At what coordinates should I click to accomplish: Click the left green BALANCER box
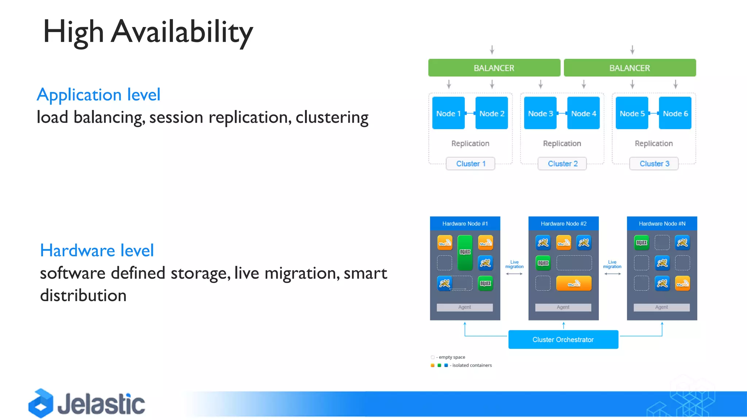pyautogui.click(x=494, y=68)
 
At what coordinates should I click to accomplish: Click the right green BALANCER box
pyautogui.click(x=630, y=68)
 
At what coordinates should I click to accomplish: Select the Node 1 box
pyautogui.click(x=448, y=113)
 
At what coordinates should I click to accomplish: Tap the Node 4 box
pyautogui.click(x=583, y=113)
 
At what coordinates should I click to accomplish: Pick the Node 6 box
pyautogui.click(x=675, y=113)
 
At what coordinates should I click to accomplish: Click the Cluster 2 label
pyautogui.click(x=562, y=164)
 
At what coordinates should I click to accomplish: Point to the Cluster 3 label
pyautogui.click(x=654, y=164)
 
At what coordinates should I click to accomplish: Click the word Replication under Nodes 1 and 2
pyautogui.click(x=470, y=144)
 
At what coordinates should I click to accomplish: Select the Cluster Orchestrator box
pyautogui.click(x=563, y=339)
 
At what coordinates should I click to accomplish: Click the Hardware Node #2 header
pyautogui.click(x=563, y=223)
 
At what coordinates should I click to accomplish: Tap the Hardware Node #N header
pyautogui.click(x=662, y=223)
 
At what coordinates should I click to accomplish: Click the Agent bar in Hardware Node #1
pyautogui.click(x=465, y=307)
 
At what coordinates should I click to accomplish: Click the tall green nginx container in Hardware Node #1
pyautogui.click(x=465, y=253)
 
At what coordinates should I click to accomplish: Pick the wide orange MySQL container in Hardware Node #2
pyautogui.click(x=574, y=283)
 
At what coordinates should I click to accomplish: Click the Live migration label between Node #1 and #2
pyautogui.click(x=514, y=264)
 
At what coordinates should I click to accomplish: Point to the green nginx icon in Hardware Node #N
pyautogui.click(x=642, y=243)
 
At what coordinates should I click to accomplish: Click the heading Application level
pyautogui.click(x=98, y=95)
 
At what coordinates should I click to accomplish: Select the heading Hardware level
pyautogui.click(x=97, y=250)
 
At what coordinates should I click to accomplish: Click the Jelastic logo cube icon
pyautogui.click(x=41, y=403)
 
